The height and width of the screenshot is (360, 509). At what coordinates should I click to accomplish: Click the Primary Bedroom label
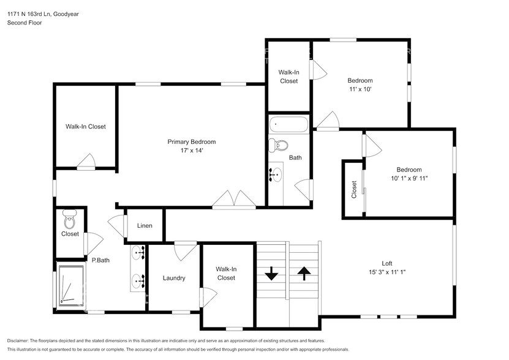tap(192, 142)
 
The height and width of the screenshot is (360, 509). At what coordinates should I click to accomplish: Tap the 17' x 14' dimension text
tap(192, 151)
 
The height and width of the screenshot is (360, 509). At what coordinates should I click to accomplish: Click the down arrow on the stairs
tap(271, 273)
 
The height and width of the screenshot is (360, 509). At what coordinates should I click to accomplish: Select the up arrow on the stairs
tap(304, 273)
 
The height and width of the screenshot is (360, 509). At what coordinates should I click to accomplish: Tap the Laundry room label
tap(174, 278)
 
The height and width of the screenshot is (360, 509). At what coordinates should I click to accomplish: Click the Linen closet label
tap(145, 226)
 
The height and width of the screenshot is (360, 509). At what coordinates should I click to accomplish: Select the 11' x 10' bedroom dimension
tap(360, 89)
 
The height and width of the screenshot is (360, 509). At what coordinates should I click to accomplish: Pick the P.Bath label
tap(100, 260)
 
